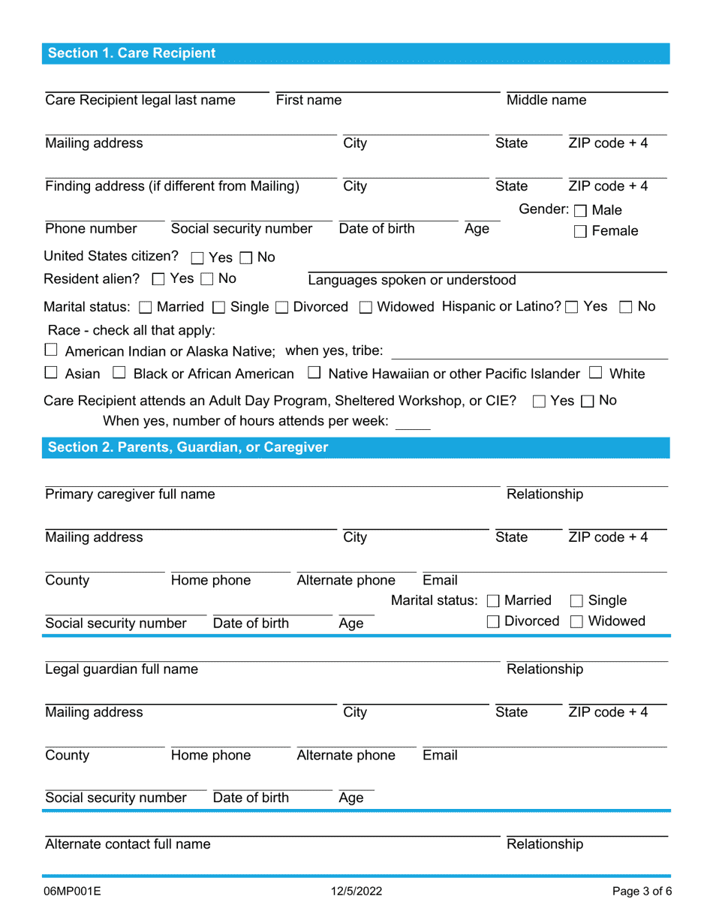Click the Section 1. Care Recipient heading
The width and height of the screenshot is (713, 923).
132,53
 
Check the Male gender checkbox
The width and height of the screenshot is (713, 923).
581,211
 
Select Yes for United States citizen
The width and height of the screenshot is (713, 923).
197,258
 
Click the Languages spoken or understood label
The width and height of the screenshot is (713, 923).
412,281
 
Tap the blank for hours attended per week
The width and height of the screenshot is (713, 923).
413,422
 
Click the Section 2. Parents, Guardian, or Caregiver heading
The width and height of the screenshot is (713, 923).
188,448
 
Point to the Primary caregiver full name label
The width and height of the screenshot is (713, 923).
130,495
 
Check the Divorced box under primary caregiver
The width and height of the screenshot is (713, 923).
493,622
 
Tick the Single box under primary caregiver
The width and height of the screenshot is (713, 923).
577,601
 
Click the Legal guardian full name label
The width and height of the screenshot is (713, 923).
122,669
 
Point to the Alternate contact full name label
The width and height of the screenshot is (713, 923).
128,844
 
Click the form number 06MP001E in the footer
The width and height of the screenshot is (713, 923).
73,891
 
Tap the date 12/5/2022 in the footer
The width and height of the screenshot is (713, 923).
356,891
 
